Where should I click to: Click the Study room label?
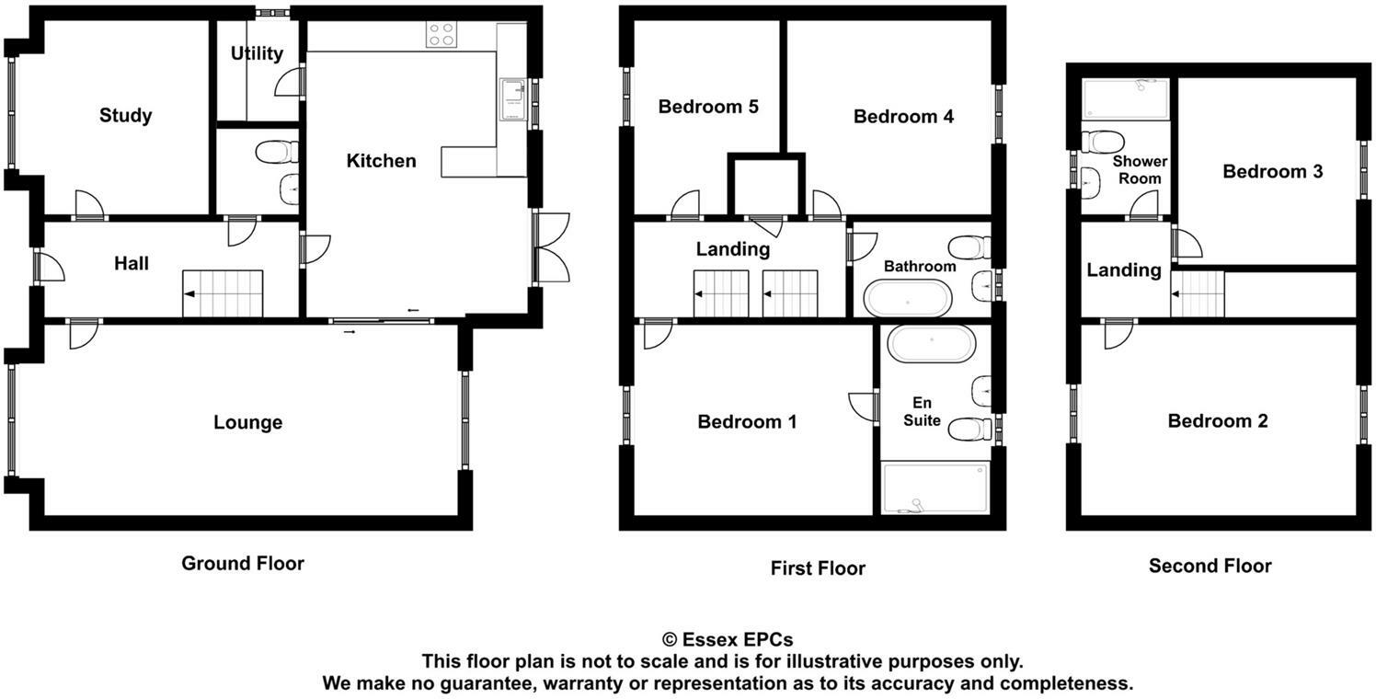coord(126,116)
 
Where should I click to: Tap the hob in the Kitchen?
coord(441,35)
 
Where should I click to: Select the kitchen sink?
coord(511,99)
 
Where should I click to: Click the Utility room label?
coord(257,53)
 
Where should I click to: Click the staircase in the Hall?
coord(223,294)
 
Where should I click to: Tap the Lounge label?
coord(247,423)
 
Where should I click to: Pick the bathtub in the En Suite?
coord(931,344)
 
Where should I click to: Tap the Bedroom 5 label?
coord(708,107)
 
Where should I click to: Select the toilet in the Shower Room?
coord(1101,142)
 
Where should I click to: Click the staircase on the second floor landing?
coord(1198,294)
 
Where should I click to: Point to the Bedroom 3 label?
coord(1272,172)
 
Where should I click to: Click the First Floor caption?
coord(818,568)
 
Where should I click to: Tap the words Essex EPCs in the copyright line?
coord(738,640)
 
